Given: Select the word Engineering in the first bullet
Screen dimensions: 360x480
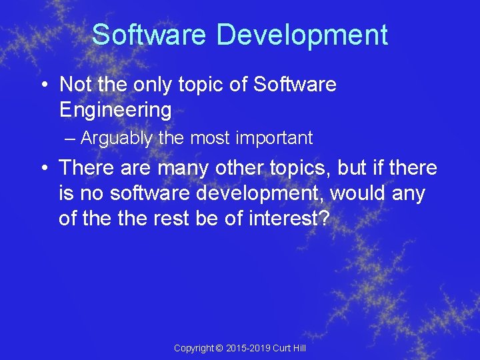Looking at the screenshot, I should tap(115, 109).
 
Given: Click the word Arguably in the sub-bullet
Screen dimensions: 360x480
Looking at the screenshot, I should tap(116, 139).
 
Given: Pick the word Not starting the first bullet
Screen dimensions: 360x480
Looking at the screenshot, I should tap(75, 85).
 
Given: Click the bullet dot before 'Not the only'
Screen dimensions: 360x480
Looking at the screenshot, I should tap(43, 85).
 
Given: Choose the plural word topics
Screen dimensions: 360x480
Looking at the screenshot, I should tap(297, 168).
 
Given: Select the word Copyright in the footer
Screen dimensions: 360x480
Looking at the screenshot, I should tap(194, 348).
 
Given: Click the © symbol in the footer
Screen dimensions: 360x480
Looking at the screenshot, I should tap(221, 348).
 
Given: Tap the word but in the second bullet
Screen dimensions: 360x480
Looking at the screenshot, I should tap(351, 168).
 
